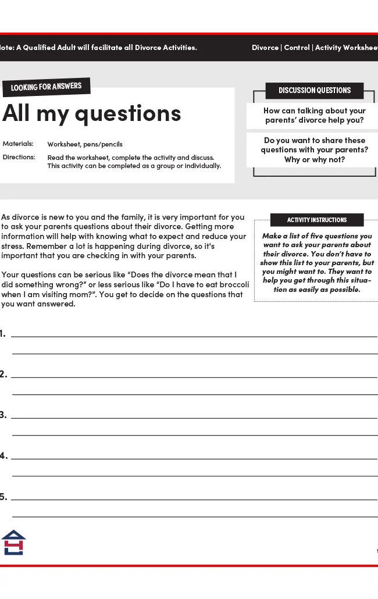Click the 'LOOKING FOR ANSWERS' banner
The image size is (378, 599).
point(47,87)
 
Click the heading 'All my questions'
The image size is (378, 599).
point(92,113)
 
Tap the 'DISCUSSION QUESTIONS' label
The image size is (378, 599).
point(315,90)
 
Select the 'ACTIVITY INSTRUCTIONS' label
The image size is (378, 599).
point(317,220)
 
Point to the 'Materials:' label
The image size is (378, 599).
point(18,144)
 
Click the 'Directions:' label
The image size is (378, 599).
point(19,157)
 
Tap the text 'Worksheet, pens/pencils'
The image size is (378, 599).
point(85,144)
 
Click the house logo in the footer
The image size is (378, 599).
point(13,542)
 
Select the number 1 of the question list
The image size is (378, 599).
point(3,334)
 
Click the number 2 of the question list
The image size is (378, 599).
point(3,375)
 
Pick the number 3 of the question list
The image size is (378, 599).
point(3,415)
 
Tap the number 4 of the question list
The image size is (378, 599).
point(3,456)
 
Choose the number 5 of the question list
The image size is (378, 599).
point(3,497)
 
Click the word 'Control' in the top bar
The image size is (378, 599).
point(297,48)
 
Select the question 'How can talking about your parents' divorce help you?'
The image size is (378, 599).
point(315,115)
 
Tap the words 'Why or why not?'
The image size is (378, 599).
point(315,159)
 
